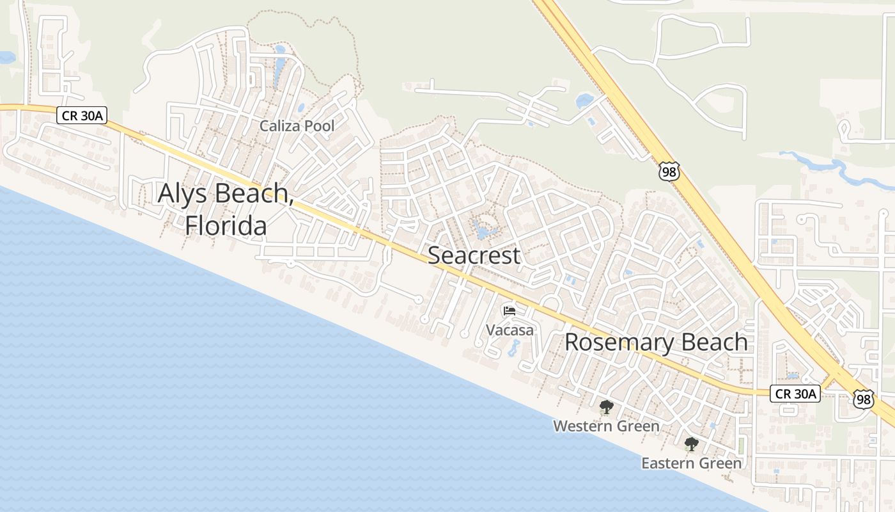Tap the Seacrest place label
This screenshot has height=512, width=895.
coord(474,255)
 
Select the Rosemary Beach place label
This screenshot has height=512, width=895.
coord(656,342)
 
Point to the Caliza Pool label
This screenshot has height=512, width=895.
coord(297,126)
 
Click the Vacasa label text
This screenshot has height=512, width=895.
coord(510,330)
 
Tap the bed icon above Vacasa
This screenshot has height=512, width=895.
coord(510,311)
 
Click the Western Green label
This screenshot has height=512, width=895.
coord(606,426)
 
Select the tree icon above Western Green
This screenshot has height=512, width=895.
coord(606,406)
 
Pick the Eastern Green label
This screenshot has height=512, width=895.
coord(692,463)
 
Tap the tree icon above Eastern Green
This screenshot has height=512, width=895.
coord(691,444)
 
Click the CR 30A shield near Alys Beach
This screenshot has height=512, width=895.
coord(81,115)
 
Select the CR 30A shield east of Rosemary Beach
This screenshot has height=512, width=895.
coord(795,394)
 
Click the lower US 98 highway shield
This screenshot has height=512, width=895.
coord(863,399)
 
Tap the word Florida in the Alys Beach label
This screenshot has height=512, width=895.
coord(226,225)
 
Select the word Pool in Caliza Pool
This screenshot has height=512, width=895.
coord(318,126)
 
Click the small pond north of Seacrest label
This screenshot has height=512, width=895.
coord(481,228)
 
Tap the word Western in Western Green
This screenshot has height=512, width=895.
coord(580,426)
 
